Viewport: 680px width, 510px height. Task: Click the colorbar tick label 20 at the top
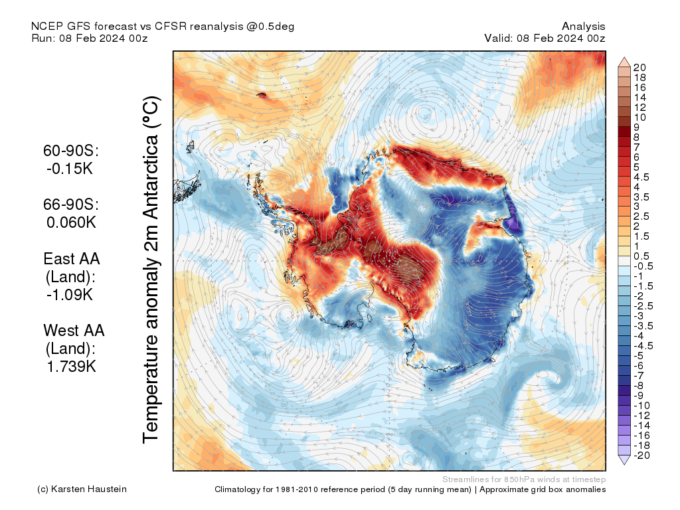pyautogui.click(x=640, y=67)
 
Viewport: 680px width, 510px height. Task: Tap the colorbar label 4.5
pyautogui.click(x=641, y=177)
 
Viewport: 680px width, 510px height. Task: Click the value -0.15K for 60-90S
pyautogui.click(x=70, y=169)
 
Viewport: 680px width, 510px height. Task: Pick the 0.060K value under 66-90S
pyautogui.click(x=70, y=222)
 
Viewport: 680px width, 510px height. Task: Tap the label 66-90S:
pyautogui.click(x=70, y=205)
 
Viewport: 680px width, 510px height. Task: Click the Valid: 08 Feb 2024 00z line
pyautogui.click(x=545, y=38)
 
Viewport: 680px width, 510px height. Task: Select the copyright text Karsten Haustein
pyautogui.click(x=82, y=489)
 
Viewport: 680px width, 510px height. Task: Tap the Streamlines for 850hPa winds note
pyautogui.click(x=523, y=479)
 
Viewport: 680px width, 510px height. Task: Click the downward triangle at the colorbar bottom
pyautogui.click(x=624, y=460)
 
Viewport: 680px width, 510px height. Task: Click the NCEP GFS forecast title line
pyautogui.click(x=163, y=27)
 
